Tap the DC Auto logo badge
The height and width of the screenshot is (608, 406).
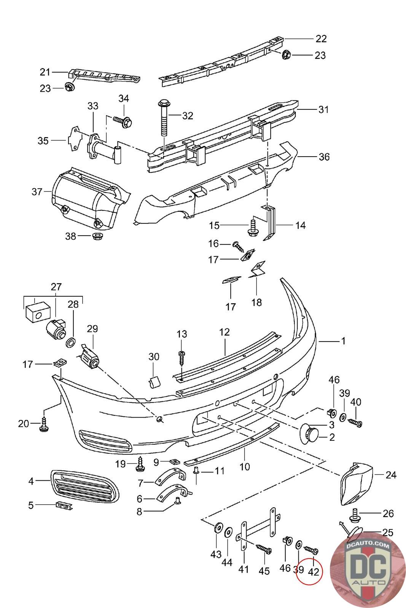pyautogui.click(x=368, y=570)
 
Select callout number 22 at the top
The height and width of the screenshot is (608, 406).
pyautogui.click(x=321, y=39)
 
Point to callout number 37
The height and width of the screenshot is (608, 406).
pyautogui.click(x=37, y=192)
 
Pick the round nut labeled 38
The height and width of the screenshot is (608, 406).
pyautogui.click(x=97, y=236)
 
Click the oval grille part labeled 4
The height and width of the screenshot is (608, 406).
pyautogui.click(x=85, y=486)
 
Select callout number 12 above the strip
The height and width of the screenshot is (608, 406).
pyautogui.click(x=224, y=332)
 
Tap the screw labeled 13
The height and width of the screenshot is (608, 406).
pyautogui.click(x=182, y=358)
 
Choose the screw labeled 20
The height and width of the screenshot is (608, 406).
pyautogui.click(x=44, y=425)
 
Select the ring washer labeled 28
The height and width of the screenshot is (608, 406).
pyautogui.click(x=71, y=342)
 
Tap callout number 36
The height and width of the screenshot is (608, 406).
pyautogui.click(x=324, y=157)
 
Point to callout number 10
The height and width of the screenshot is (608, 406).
pyautogui.click(x=244, y=467)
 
